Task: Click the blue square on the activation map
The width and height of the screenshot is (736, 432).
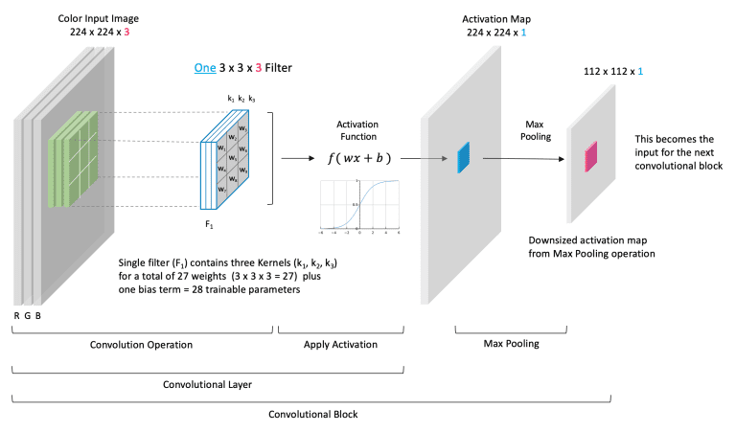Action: tap(464, 158)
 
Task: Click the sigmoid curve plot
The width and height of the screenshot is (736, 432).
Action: tap(359, 206)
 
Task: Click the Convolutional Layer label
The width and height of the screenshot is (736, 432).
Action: tap(208, 381)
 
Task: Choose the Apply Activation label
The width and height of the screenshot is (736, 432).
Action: tap(340, 343)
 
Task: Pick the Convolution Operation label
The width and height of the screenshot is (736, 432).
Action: tap(143, 343)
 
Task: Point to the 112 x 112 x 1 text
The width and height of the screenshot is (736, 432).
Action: tap(613, 72)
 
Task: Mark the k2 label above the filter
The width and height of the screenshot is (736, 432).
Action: tap(241, 99)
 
